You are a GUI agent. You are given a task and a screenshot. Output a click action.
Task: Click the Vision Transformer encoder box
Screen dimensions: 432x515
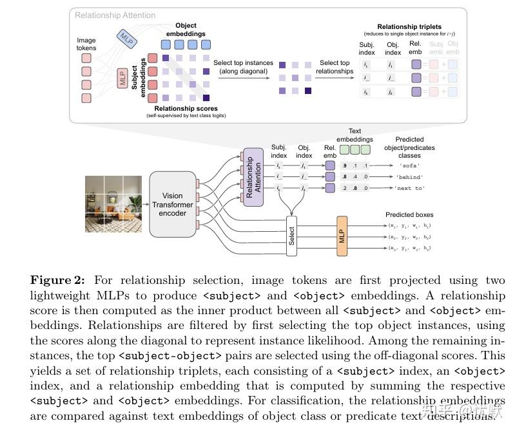point(172,203)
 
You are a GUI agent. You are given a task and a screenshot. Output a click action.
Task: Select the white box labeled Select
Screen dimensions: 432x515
point(291,236)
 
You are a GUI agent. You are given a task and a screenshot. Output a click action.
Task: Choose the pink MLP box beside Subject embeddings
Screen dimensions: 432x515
point(122,79)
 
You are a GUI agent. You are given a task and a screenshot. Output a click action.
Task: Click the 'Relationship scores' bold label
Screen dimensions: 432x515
point(185,108)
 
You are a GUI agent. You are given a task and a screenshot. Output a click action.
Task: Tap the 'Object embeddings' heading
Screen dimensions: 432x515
point(186,30)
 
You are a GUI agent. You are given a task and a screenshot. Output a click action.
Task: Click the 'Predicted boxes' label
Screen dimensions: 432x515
point(409,214)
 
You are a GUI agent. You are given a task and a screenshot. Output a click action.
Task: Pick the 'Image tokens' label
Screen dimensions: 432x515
point(86,44)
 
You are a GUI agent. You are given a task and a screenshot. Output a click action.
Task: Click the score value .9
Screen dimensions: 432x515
point(345,165)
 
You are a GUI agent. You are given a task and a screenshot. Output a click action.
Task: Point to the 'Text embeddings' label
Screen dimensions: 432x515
point(355,135)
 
